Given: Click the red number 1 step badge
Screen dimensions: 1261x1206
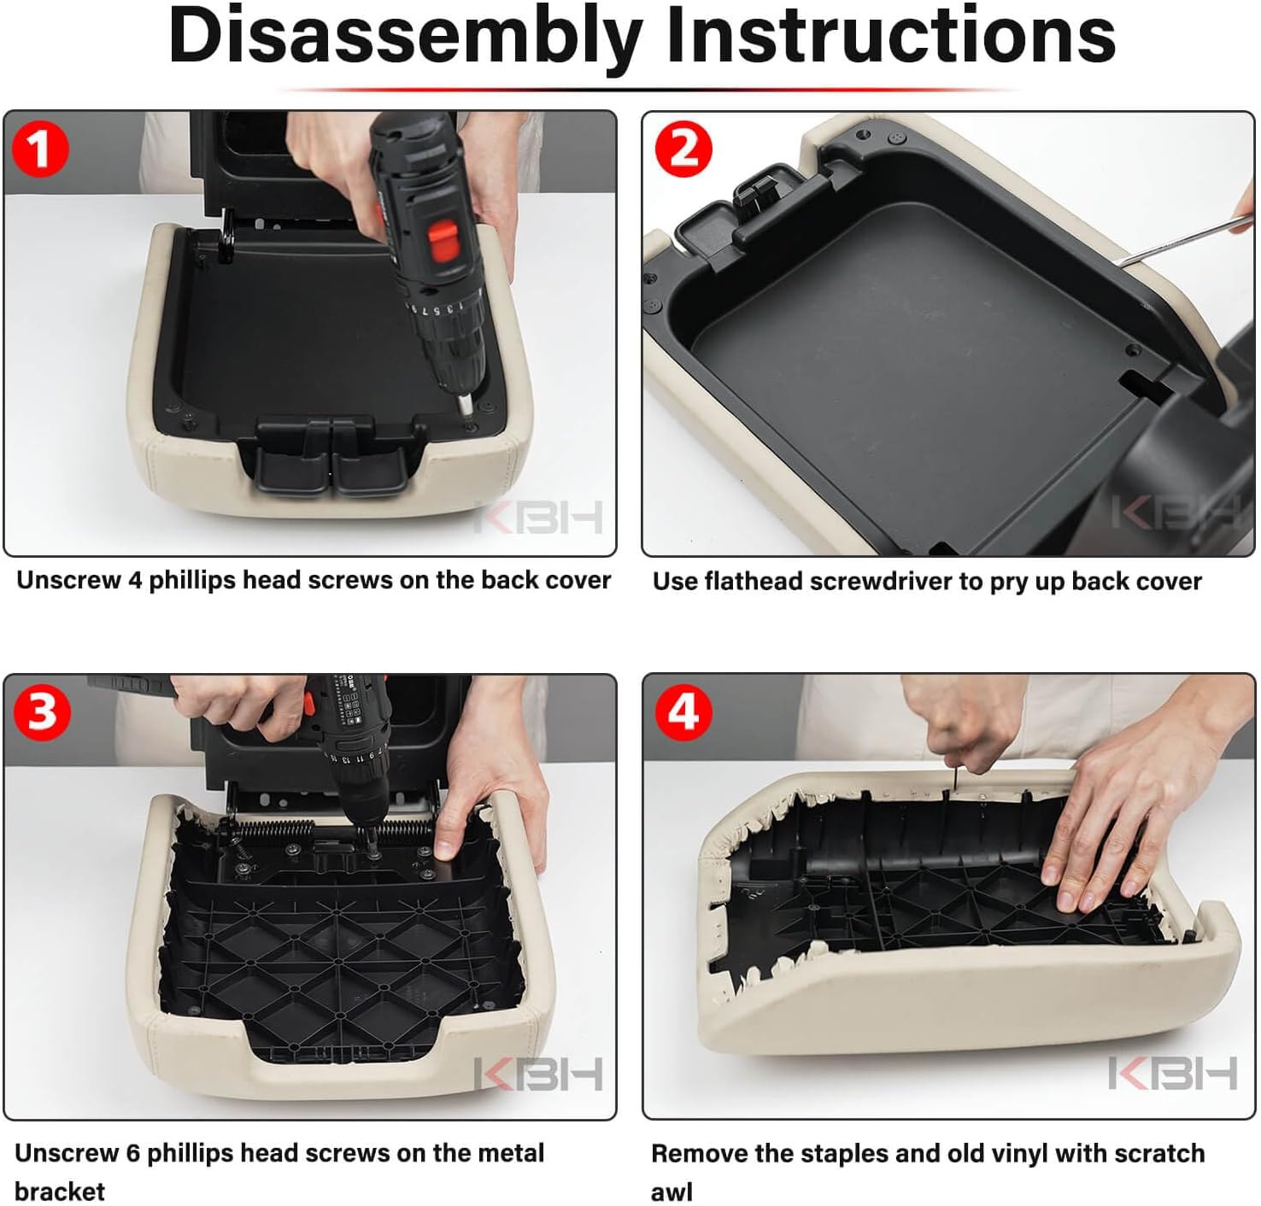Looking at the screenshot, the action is coord(40,149).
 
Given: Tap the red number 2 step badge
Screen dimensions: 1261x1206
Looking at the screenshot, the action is coord(683,149).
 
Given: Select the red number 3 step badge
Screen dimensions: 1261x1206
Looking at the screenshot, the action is coord(42,712).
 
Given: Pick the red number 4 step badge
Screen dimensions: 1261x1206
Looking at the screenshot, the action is coord(683,713).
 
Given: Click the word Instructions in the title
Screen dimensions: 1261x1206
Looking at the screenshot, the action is coord(891,36).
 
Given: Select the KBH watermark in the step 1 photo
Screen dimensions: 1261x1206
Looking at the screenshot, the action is coord(538,516).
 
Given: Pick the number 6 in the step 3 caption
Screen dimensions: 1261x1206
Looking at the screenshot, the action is coord(132,1154).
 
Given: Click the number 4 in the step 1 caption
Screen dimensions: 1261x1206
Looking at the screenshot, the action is coord(135,580).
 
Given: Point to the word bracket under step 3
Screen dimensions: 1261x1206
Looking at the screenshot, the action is coord(60,1191).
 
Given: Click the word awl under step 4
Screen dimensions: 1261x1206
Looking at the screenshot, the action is coord(672,1192).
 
